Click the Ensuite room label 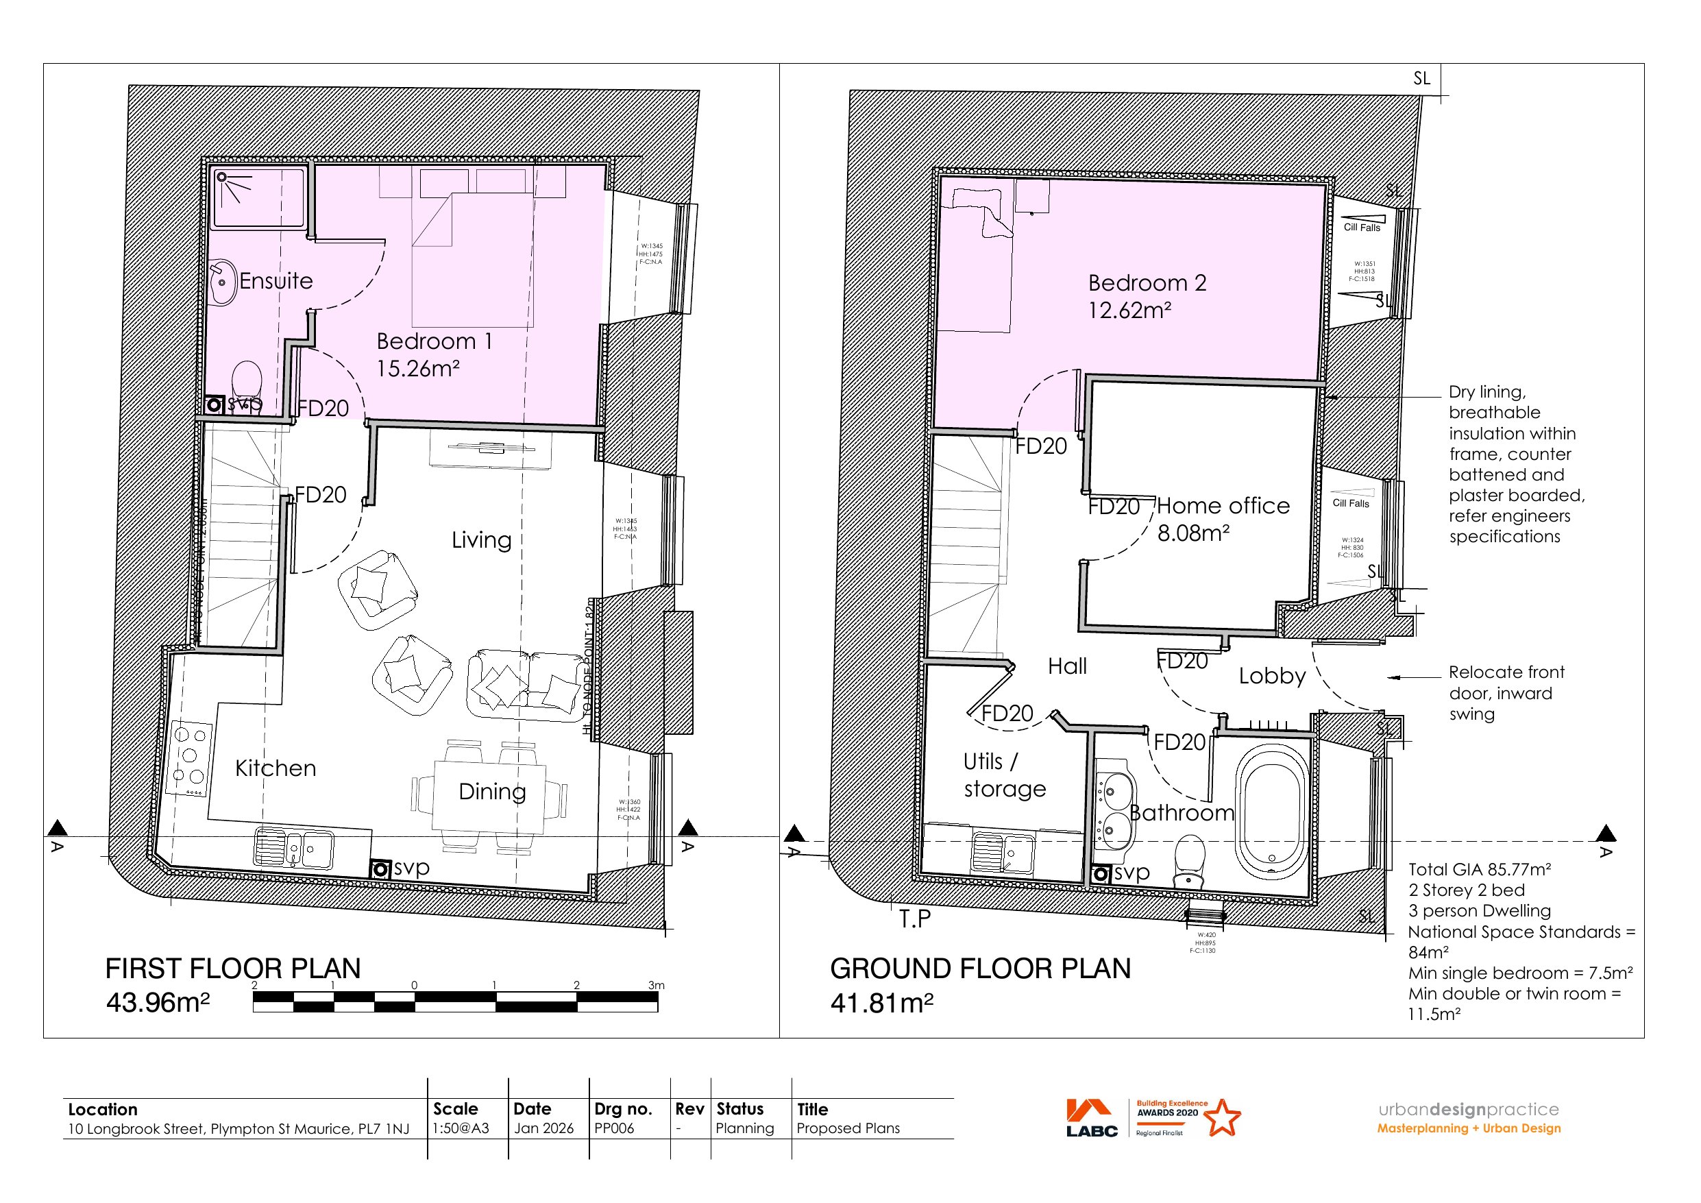coord(276,281)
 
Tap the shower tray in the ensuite coord(258,197)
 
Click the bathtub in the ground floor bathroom coord(1271,812)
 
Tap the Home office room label coord(1223,507)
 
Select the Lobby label coord(1272,676)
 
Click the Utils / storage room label coord(1004,775)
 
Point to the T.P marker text coord(915,919)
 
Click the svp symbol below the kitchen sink coord(381,868)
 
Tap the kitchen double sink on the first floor coord(293,847)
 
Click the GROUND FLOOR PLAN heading coord(979,969)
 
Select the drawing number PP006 coord(613,1128)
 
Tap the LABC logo coord(1091,1118)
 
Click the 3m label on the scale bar coord(656,985)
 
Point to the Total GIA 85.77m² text coord(1479,869)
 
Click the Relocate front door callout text coord(1506,693)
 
